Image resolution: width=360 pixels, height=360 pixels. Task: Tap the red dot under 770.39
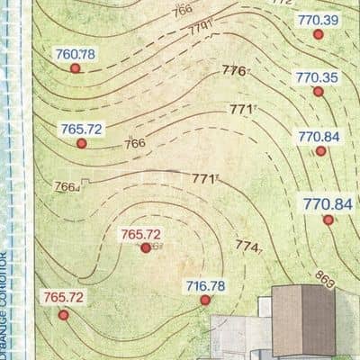pos(317,34)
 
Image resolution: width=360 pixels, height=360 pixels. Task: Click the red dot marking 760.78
pos(76,67)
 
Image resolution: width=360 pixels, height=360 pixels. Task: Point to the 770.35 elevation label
pos(318,77)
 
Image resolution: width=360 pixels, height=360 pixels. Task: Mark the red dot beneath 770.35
pos(318,91)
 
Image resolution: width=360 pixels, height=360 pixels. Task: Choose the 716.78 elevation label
pos(205,286)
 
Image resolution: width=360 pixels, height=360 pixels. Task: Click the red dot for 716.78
pos(205,301)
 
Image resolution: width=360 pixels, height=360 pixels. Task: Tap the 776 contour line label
pos(234,70)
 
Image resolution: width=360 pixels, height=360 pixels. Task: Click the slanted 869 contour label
pos(325,281)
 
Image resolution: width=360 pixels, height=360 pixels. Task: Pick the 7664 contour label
pos(67,186)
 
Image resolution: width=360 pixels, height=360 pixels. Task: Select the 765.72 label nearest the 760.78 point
pos(83,129)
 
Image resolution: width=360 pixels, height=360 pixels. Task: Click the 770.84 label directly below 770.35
pos(319,136)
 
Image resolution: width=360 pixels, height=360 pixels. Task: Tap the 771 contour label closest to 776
pos(240,110)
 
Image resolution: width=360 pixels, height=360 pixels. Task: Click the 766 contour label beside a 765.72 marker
pos(135,143)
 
